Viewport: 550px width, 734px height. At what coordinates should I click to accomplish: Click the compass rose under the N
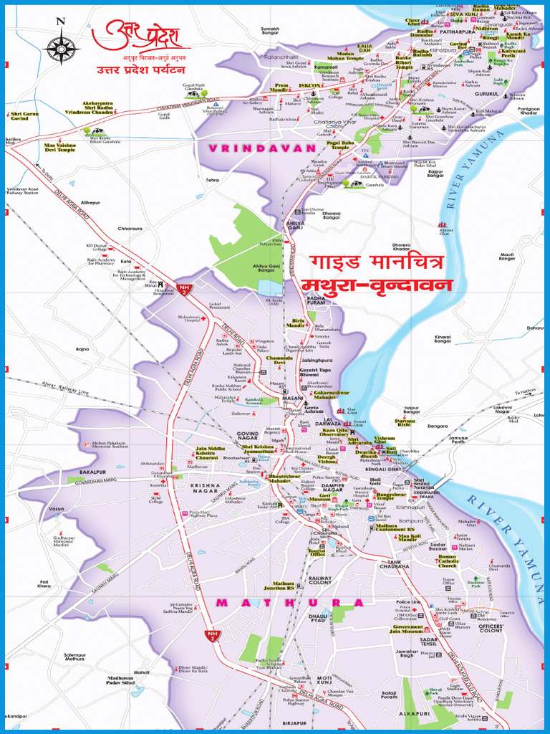(x=61, y=48)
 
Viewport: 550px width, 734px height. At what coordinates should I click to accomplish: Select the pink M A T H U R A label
(x=289, y=603)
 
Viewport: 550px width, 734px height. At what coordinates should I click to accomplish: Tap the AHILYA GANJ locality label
(x=295, y=226)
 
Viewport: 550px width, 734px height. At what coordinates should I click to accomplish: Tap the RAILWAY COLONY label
(x=320, y=580)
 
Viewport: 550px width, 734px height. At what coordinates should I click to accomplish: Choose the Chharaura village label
(x=130, y=229)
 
